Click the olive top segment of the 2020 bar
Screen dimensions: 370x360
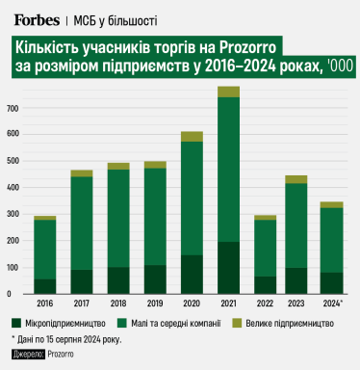pos(192,137)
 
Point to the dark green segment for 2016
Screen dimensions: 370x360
pos(44,286)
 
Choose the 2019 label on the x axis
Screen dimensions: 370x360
pos(155,303)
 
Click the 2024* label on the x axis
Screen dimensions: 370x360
pos(332,303)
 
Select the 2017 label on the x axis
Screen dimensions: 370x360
pos(81,303)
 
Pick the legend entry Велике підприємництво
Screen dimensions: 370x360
pos(298,322)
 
